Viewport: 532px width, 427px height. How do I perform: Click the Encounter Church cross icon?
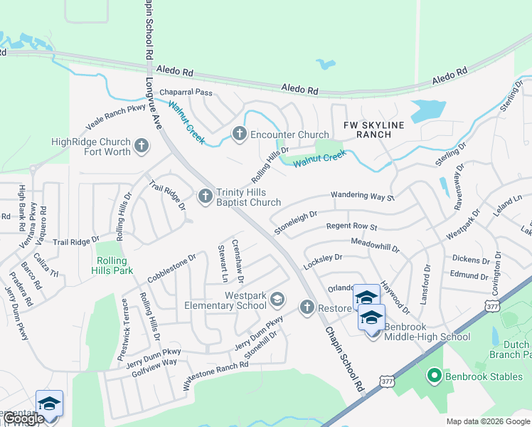pyautogui.click(x=239, y=134)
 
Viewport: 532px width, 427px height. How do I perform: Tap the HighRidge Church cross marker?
pyautogui.click(x=142, y=147)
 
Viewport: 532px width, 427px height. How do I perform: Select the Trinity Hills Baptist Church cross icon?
pyautogui.click(x=206, y=195)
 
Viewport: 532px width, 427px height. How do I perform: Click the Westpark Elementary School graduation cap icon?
pyautogui.click(x=276, y=300)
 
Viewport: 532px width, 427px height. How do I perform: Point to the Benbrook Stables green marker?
pyautogui.click(x=433, y=374)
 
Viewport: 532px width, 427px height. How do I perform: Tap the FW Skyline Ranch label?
pyautogui.click(x=373, y=130)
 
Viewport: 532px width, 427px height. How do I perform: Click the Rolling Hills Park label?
pyautogui.click(x=112, y=265)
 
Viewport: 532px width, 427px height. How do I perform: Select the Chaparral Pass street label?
pyautogui.click(x=186, y=93)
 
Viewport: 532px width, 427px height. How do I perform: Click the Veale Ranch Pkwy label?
pyautogui.click(x=117, y=115)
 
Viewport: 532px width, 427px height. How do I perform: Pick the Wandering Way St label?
pyautogui.click(x=362, y=196)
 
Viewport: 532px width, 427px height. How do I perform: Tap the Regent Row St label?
pyautogui.click(x=351, y=227)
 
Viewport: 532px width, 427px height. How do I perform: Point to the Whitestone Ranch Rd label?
pyautogui.click(x=216, y=375)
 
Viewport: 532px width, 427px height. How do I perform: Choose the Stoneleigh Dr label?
pyautogui.click(x=295, y=221)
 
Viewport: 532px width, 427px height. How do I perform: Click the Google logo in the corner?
pyautogui.click(x=23, y=419)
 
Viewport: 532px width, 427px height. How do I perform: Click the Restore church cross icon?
pyautogui.click(x=307, y=307)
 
